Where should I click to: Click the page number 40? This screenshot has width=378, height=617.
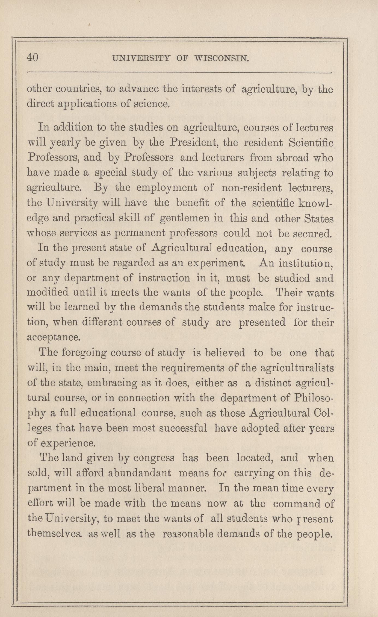[x=33, y=58]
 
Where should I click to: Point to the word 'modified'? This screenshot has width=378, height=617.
[x=48, y=293]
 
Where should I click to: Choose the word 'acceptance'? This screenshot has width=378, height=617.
[x=54, y=337]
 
